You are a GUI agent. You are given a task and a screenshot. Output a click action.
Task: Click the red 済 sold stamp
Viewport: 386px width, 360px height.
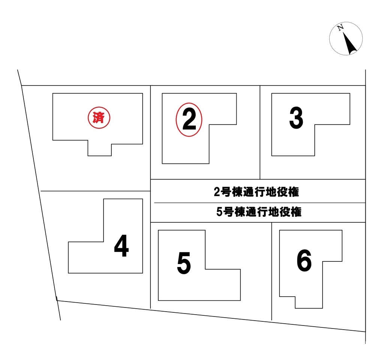coord(99,118)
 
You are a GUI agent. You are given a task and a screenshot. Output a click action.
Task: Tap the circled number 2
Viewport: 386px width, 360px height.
coord(189,120)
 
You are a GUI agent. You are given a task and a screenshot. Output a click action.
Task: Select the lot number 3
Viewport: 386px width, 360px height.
coord(296,118)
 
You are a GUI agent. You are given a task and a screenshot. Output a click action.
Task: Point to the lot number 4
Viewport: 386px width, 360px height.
coord(122,246)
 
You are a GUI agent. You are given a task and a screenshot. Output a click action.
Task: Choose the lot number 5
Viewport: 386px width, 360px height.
coord(184,263)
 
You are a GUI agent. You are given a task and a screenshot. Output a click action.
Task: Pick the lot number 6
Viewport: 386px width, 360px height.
coord(304,260)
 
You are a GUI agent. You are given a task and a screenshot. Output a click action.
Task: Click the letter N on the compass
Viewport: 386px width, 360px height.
coord(341,27)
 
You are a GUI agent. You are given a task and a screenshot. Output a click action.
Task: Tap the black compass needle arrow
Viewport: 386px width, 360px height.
coord(350,43)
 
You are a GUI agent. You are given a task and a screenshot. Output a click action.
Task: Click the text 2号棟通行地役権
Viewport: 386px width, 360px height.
coord(256,192)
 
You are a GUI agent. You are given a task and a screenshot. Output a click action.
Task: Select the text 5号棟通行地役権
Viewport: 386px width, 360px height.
coord(259,212)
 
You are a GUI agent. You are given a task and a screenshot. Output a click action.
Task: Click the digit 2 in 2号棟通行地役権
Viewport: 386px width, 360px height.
coord(217,192)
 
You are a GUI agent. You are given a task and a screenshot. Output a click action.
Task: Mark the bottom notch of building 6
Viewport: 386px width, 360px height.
coord(309,302)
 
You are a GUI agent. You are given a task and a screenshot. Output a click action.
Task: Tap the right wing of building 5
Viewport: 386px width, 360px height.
coord(223,285)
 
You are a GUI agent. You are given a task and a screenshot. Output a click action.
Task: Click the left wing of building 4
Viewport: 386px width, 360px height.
coord(86,257)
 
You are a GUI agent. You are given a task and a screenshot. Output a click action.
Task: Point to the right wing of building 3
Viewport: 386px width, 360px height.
coord(332,109)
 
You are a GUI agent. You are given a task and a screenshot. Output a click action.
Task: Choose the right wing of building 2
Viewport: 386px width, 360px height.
coord(223,109)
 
